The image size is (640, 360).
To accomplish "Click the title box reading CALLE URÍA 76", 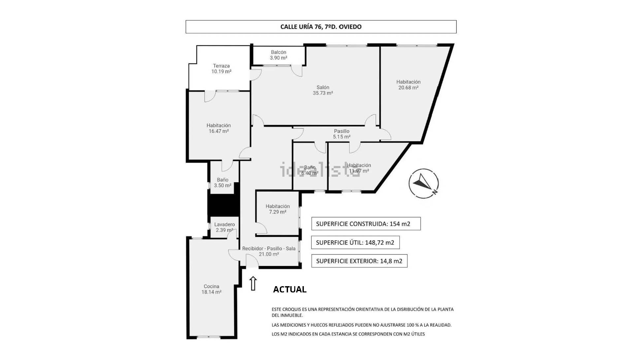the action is pyautogui.click(x=321, y=27).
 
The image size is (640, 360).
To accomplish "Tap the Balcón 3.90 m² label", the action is pyautogui.click(x=278, y=55).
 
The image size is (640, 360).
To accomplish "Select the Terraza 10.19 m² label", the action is pyautogui.click(x=221, y=69).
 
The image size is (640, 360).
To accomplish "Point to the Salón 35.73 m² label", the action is pyautogui.click(x=323, y=90).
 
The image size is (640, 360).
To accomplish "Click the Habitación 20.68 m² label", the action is pyautogui.click(x=408, y=85).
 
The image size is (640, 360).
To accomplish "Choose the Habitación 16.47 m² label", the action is pyautogui.click(x=219, y=128).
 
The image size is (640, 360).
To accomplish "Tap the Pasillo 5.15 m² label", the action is pyautogui.click(x=341, y=134).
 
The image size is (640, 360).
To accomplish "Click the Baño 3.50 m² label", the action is pyautogui.click(x=223, y=183).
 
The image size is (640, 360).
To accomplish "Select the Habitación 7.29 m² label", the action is pyautogui.click(x=278, y=209).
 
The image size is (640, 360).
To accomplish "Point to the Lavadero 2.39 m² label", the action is pyautogui.click(x=225, y=227).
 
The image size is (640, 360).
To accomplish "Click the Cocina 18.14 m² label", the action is pyautogui.click(x=211, y=289).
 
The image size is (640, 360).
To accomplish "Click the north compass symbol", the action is pyautogui.click(x=424, y=184).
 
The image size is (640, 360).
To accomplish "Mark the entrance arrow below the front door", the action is pyautogui.click(x=253, y=284).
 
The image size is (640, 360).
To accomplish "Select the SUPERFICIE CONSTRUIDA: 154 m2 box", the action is pyautogui.click(x=366, y=224).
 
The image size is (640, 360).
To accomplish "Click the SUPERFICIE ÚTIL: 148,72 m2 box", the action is pyautogui.click(x=355, y=242).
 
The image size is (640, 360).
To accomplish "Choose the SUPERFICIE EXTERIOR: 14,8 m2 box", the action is pyautogui.click(x=359, y=261).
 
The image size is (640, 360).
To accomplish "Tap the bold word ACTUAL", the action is pyautogui.click(x=290, y=289).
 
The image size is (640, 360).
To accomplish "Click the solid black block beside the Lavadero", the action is pyautogui.click(x=223, y=205).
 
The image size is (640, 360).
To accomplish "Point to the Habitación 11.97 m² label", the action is pyautogui.click(x=359, y=168).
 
